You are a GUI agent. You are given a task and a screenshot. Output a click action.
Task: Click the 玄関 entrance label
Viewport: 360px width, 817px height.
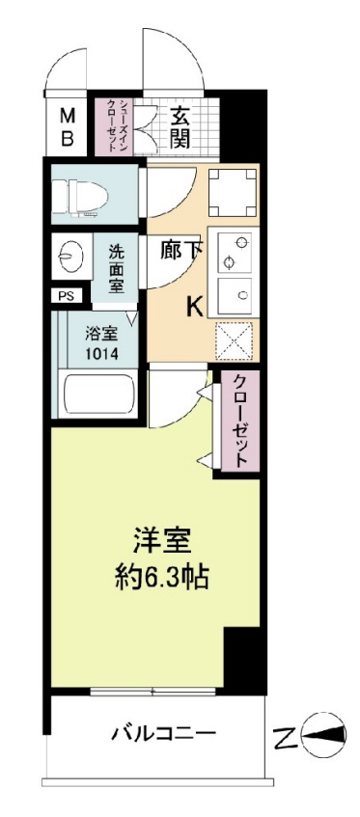click(x=180, y=124)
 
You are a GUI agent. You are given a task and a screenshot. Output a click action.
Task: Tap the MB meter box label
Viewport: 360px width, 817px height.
click(x=69, y=126)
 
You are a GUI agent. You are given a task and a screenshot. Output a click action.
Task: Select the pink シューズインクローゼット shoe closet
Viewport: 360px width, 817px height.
click(x=111, y=125)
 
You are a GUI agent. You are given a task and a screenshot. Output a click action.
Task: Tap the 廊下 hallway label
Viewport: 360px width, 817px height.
click(x=181, y=249)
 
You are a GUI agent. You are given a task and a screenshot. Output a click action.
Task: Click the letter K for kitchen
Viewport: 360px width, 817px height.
click(x=194, y=307)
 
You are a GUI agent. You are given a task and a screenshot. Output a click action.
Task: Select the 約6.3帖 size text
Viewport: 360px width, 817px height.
click(x=158, y=580)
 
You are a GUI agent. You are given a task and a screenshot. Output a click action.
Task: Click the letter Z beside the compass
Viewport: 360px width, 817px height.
click(x=284, y=740)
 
